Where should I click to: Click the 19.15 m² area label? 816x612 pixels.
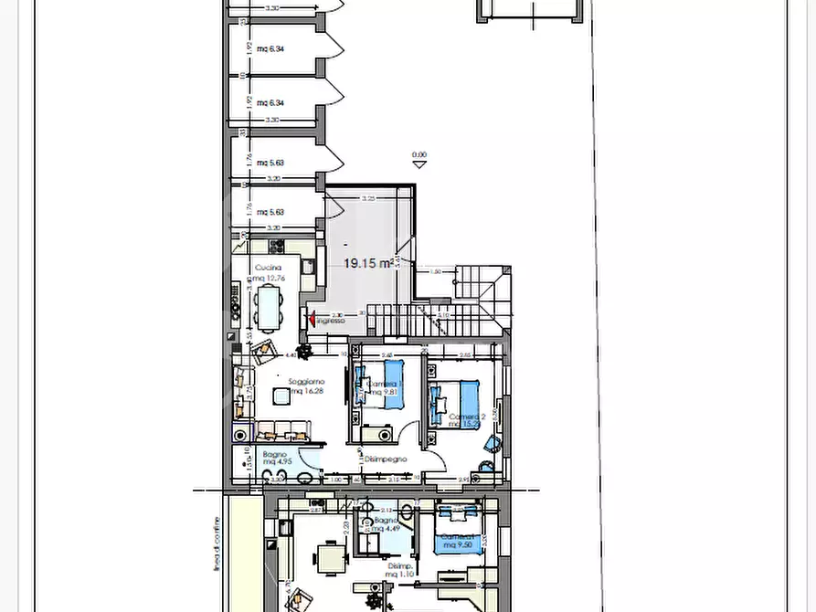368,263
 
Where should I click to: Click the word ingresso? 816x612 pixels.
331,322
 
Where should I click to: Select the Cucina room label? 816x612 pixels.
268,268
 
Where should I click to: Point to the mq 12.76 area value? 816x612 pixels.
270,278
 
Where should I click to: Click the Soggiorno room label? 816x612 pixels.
306,381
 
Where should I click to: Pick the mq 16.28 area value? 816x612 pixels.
307,391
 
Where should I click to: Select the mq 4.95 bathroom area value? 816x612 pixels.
276,462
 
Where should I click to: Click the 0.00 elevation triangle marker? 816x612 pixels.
419,165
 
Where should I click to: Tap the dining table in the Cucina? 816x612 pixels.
269,308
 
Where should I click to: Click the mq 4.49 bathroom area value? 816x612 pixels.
390,527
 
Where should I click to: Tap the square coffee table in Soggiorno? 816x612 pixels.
281,396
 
